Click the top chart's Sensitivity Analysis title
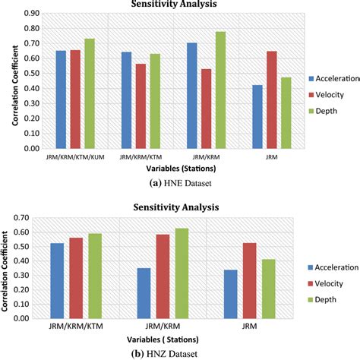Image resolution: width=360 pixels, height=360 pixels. click(x=180, y=4)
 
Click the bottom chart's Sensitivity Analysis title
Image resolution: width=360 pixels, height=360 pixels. click(x=180, y=207)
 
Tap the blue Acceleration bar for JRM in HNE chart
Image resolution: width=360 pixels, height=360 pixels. click(x=257, y=117)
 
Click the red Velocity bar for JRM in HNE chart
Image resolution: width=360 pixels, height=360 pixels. click(x=272, y=100)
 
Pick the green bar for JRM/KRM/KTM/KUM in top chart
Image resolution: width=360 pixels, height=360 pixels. click(x=90, y=93)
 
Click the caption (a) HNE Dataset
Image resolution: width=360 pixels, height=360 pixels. click(x=179, y=183)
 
